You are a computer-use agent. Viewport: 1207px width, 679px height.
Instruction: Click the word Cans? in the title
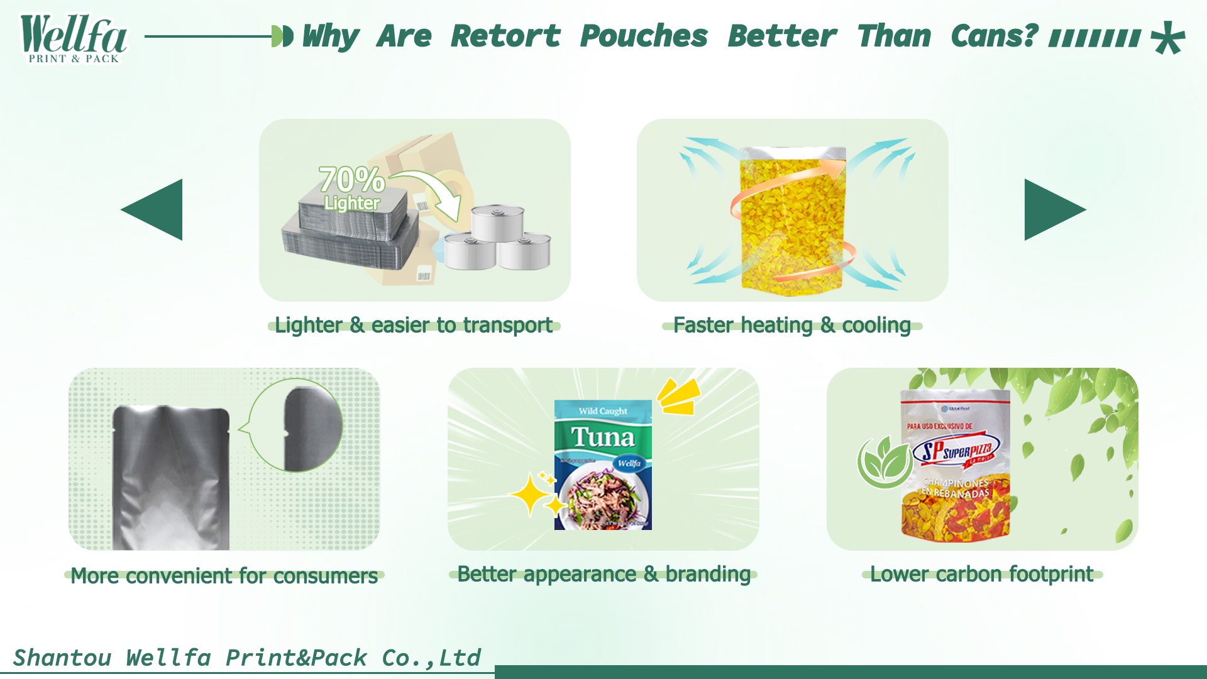pyautogui.click(x=994, y=36)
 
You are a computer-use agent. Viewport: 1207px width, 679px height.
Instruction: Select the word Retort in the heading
pyautogui.click(x=505, y=36)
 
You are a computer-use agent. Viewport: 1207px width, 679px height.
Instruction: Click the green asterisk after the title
pyautogui.click(x=1168, y=38)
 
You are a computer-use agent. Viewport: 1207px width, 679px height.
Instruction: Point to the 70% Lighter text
pyautogui.click(x=351, y=187)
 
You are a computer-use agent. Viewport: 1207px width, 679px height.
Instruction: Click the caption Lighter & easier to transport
pyautogui.click(x=414, y=325)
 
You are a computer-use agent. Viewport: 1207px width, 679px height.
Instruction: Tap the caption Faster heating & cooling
pyautogui.click(x=792, y=325)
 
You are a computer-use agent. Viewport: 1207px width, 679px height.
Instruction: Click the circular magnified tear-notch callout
pyautogui.click(x=296, y=425)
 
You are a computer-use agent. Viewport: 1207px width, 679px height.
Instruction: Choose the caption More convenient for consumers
pyautogui.click(x=224, y=575)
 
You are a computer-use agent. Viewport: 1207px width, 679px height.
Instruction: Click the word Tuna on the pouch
pyautogui.click(x=603, y=437)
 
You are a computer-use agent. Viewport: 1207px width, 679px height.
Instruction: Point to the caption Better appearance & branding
pyautogui.click(x=603, y=574)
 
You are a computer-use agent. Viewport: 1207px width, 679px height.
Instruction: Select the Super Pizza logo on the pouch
pyautogui.click(x=957, y=450)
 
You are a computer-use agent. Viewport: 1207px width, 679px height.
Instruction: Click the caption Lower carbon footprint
pyautogui.click(x=982, y=574)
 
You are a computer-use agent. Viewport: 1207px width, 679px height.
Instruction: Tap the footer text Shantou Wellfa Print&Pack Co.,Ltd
pyautogui.click(x=246, y=658)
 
